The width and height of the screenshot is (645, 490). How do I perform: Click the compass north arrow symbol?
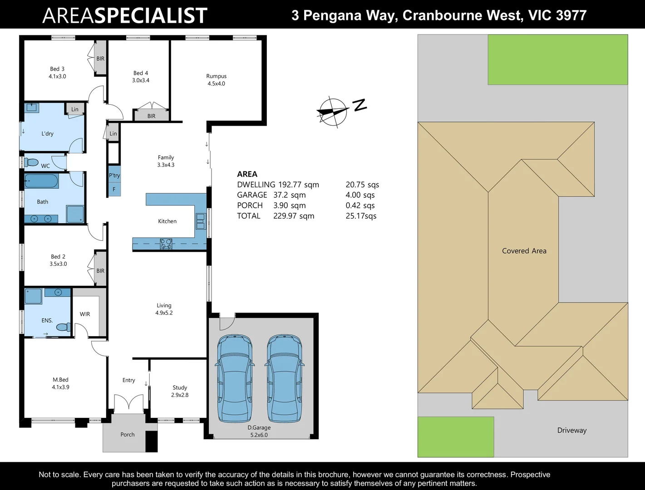(333, 112)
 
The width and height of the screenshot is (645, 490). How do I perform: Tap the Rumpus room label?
(216, 76)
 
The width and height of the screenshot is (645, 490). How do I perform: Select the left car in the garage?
(235, 378)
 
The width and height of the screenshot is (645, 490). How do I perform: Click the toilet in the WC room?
(31, 162)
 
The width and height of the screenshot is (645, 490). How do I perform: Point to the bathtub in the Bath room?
(41, 182)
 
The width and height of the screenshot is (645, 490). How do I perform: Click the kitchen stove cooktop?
(166, 244)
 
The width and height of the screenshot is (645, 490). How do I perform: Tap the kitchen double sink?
(200, 221)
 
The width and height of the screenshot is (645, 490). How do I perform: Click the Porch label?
(128, 435)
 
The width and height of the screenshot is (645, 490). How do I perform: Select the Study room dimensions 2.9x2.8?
(180, 395)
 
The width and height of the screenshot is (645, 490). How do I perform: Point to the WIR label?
(85, 314)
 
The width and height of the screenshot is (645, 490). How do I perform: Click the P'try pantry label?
(114, 176)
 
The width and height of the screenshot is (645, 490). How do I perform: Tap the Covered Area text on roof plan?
(524, 251)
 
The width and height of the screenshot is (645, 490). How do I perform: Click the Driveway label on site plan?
(572, 431)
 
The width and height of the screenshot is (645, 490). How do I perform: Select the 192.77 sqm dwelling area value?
(298, 185)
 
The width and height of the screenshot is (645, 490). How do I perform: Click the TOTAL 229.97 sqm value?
(294, 216)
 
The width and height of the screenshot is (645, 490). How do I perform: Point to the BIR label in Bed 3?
(100, 59)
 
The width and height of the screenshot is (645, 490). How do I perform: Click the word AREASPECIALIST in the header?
(125, 15)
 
